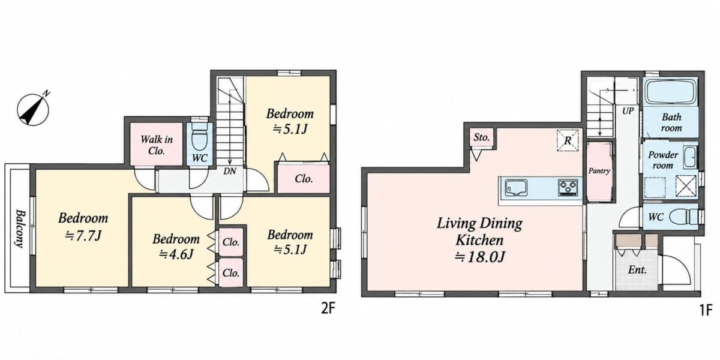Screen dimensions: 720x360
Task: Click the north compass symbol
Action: (x=33, y=109)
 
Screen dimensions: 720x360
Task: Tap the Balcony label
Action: (x=20, y=229)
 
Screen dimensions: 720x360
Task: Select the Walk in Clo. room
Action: (x=156, y=144)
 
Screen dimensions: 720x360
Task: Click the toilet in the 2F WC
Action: (x=200, y=139)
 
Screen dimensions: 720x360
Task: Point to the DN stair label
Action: (x=230, y=172)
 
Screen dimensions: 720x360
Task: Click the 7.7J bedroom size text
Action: (x=83, y=236)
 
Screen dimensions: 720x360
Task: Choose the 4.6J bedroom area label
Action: (x=176, y=254)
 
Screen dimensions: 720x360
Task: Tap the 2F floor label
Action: (x=328, y=309)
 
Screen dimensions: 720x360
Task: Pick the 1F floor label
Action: (x=706, y=310)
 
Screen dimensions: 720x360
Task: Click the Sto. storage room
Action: (x=481, y=137)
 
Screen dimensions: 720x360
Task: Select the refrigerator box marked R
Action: (x=568, y=140)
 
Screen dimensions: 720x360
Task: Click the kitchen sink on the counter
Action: (x=516, y=188)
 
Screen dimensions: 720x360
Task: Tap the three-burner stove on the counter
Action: (x=568, y=187)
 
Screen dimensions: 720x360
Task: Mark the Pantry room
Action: (x=599, y=172)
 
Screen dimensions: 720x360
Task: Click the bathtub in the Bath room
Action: (x=671, y=92)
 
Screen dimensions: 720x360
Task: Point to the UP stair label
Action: (x=628, y=111)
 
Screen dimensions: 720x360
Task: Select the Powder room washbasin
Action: (x=690, y=157)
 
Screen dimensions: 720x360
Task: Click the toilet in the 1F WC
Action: (x=683, y=217)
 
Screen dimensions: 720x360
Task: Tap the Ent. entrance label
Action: (x=637, y=269)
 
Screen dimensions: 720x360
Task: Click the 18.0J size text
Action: (x=480, y=257)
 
